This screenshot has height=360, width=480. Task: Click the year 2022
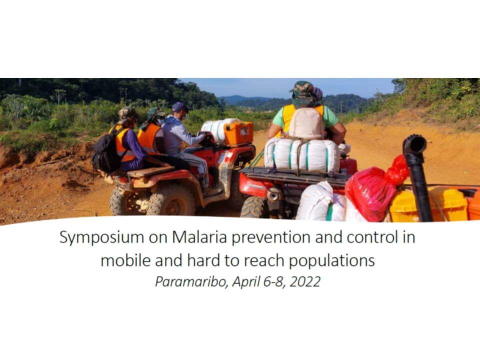[305, 281]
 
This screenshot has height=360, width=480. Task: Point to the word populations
[332, 261]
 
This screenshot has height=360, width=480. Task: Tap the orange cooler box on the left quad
[238, 133]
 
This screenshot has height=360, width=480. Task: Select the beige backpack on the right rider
[306, 123]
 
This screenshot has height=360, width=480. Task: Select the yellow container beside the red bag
[428, 204]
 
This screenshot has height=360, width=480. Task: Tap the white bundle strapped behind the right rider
[302, 155]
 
